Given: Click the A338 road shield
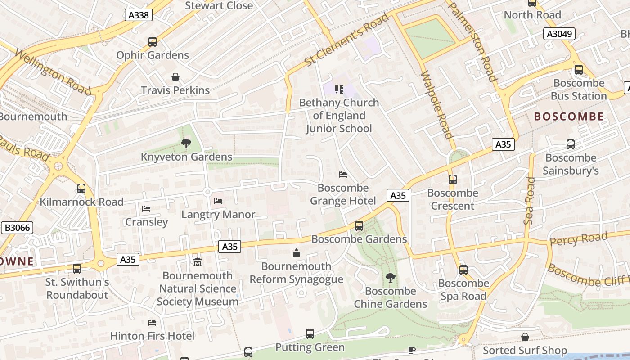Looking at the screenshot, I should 139,15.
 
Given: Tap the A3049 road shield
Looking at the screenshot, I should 559,34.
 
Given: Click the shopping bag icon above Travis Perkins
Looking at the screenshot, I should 175,77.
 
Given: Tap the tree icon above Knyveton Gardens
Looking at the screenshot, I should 186,144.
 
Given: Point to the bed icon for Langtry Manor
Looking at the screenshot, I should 218,201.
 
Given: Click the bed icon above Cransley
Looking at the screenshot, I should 146,208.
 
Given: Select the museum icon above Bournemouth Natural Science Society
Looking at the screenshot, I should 197,262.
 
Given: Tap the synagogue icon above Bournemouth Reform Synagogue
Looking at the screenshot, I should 296,253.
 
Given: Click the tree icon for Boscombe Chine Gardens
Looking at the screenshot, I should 390,278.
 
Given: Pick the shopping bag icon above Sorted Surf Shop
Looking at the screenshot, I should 525,337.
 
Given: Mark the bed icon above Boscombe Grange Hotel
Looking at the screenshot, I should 343,175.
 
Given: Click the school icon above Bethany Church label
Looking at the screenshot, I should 339,90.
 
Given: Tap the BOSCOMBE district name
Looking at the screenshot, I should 569,117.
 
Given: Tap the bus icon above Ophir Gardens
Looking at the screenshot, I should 153,42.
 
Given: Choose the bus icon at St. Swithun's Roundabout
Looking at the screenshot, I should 77,269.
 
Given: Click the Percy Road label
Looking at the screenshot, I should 579,239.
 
